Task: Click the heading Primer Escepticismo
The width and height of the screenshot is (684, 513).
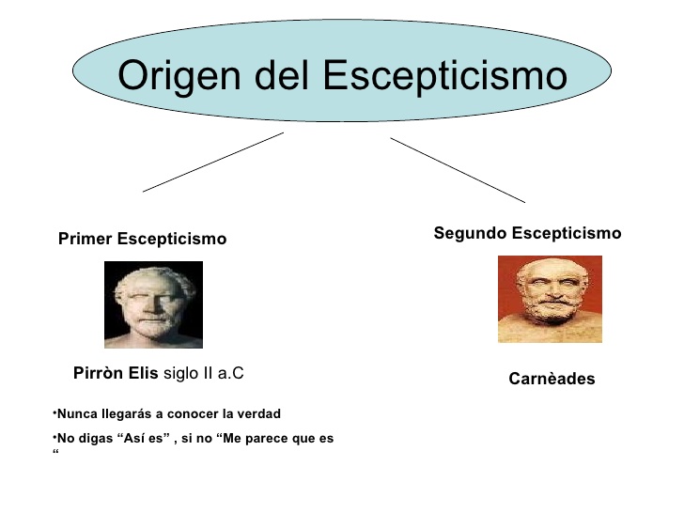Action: click(x=142, y=239)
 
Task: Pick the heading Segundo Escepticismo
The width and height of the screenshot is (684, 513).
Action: click(x=527, y=233)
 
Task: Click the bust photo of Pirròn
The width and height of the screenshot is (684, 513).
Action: click(x=153, y=304)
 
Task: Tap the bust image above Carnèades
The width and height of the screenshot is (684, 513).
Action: click(x=550, y=299)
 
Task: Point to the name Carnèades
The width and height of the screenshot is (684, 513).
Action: click(x=552, y=380)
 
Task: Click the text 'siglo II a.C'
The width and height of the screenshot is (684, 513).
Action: click(x=204, y=373)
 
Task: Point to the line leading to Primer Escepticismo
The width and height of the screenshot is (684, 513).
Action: click(x=213, y=162)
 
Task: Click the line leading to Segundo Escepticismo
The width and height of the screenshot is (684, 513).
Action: click(x=458, y=169)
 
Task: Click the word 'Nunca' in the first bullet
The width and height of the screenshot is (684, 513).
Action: click(x=74, y=413)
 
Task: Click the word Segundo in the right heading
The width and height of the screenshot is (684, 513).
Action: click(x=470, y=233)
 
